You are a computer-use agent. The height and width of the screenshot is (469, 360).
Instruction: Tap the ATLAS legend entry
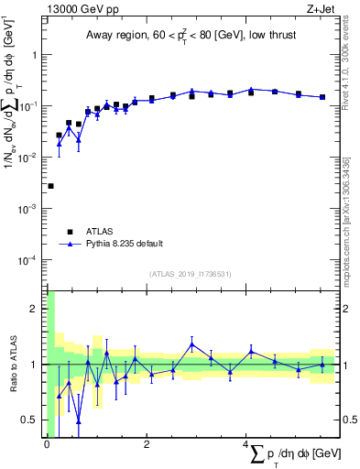click(x=101, y=232)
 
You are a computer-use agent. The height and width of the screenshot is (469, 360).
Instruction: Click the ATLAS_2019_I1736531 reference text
click(x=191, y=275)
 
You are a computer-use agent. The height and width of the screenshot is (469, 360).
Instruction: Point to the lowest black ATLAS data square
click(x=50, y=186)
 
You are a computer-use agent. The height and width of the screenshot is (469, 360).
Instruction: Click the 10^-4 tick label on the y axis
click(x=30, y=260)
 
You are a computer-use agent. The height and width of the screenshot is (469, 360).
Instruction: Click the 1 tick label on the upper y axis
click(x=37, y=55)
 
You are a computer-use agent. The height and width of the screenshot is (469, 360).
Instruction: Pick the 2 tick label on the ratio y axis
click(x=37, y=309)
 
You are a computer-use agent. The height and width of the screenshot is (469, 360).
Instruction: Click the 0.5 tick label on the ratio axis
click(x=32, y=420)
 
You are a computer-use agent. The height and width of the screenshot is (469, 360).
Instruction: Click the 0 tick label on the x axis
click(x=46, y=446)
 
